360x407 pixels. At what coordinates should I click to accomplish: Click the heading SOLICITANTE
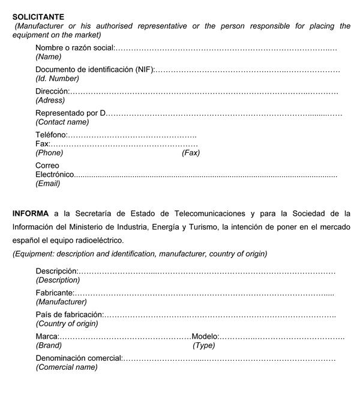pos(38,17)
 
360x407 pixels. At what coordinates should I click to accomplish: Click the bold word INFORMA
pos(31,213)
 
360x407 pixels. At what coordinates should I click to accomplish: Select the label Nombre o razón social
pos(74,48)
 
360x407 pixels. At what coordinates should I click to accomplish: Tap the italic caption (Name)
pos(49,57)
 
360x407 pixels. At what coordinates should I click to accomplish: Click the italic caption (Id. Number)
pos(57,79)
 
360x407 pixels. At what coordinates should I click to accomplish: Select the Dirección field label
pos(52,91)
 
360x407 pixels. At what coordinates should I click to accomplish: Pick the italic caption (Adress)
pos(50,100)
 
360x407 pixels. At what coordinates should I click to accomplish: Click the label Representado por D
pos(70,113)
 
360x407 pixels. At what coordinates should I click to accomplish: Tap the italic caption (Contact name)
pos(62,122)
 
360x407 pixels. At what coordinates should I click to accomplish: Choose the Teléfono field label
pos(51,135)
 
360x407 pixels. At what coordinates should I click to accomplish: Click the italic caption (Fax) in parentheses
pos(191,153)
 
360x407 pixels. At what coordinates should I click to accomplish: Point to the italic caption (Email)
pos(48,183)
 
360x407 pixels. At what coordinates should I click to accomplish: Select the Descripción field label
pos(56,272)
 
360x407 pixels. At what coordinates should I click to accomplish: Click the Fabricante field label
pos(55,293)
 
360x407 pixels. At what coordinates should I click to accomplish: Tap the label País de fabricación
pos(69,315)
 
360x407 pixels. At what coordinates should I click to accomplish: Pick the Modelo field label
pos(205,336)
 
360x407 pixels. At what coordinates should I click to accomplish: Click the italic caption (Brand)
pos(49,345)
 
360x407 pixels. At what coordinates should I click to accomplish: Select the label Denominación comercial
pos(79,358)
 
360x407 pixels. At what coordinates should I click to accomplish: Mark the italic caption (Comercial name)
pos(66,367)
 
